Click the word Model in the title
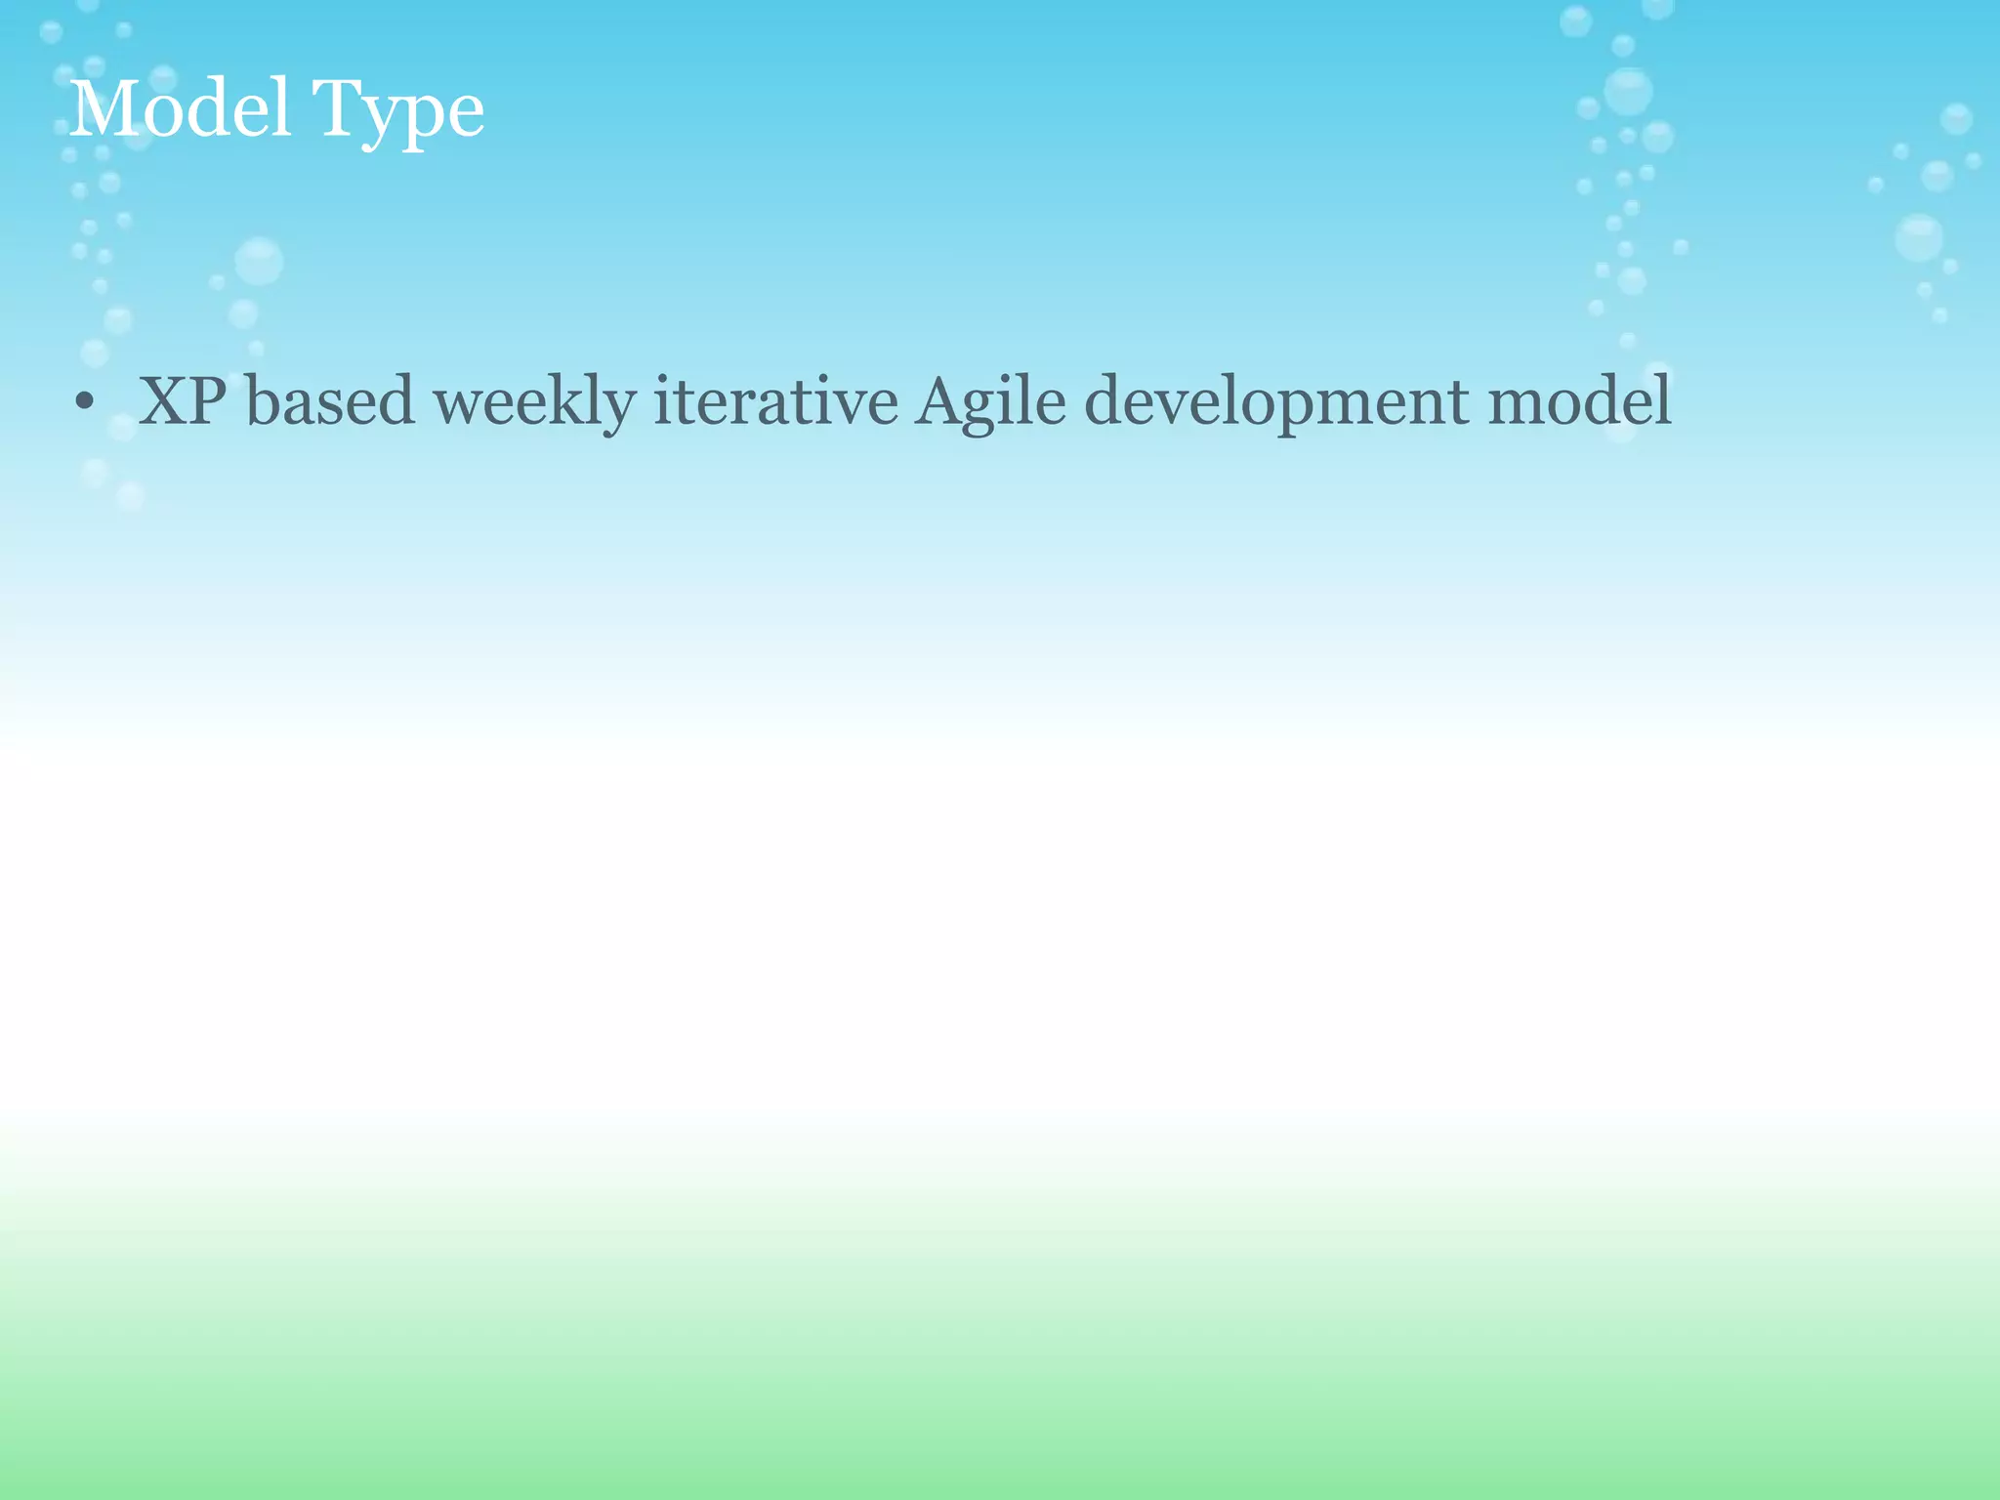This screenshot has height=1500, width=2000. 181,108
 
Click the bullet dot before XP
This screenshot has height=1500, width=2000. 84,401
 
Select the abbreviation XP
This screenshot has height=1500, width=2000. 183,401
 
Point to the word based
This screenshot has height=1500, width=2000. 330,401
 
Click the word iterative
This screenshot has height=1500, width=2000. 775,401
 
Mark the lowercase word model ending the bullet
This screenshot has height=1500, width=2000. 1579,401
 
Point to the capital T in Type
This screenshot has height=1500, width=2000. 336,108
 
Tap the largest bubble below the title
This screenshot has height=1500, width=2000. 259,261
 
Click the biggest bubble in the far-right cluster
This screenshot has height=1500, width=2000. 1919,238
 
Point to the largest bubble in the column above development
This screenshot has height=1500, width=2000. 1628,92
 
